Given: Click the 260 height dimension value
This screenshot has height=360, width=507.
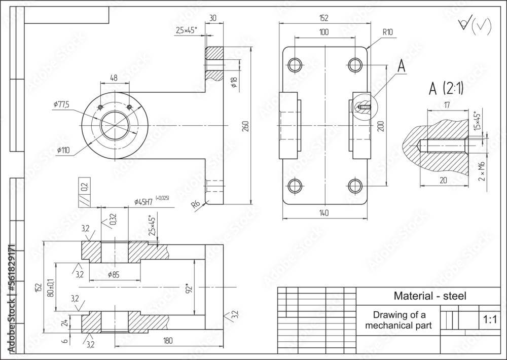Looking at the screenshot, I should pos(246,126).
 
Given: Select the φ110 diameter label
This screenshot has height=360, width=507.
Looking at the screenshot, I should pos(63,150).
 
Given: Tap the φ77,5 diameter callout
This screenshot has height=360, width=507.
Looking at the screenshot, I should pos(61,104).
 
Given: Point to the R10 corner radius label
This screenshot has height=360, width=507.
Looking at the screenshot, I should pos(388,31).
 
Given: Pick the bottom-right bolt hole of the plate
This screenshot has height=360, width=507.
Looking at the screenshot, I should pos(354,186).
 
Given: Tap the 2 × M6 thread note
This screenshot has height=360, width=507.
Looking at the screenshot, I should pos(482,171).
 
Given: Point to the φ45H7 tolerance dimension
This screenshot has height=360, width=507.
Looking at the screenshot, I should pos(144,201).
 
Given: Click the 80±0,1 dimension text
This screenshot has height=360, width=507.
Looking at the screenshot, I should pos(50,287).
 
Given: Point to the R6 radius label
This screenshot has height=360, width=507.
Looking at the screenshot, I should pos(195,205).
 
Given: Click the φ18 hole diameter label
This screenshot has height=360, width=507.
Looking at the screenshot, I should pos(234,82).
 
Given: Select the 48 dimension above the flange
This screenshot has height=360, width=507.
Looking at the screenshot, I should pos(114,78).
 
